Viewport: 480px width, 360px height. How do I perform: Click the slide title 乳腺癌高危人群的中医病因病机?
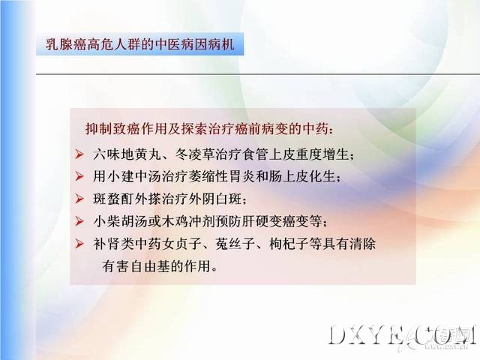[140, 44]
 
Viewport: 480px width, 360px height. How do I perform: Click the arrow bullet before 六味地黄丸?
[79, 154]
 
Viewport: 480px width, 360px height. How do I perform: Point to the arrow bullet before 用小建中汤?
[79, 177]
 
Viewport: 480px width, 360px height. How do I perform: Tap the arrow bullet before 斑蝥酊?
[79, 199]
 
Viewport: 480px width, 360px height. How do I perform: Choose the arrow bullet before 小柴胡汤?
[79, 221]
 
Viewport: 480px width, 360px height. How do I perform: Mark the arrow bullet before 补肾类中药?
[79, 244]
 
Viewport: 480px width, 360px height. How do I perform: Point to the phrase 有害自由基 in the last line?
[136, 266]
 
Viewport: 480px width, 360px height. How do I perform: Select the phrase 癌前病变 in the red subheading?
[262, 129]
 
